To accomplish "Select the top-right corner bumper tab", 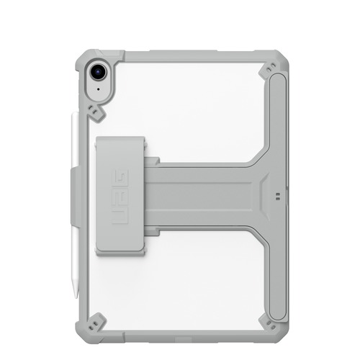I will point(271,69).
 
